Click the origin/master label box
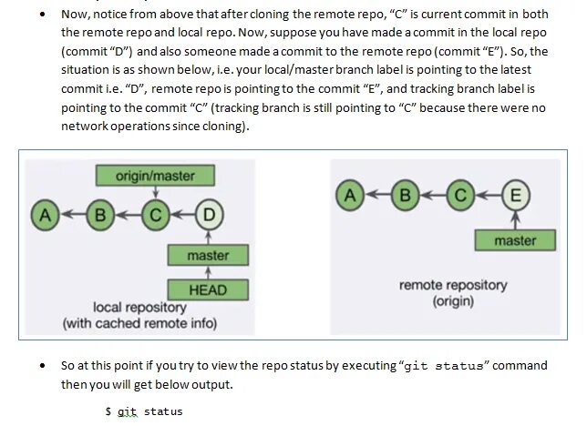pos(156,175)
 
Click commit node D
pos(209,215)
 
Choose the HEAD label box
pos(208,290)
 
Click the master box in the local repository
pos(208,255)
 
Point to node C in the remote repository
pos(460,194)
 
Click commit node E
pos(516,194)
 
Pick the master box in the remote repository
pos(515,240)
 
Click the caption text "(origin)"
pos(453,300)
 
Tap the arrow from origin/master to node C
pos(156,192)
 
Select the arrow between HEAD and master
pos(208,273)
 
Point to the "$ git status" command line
pos(144,411)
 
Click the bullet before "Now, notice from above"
pos(43,15)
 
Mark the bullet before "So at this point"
pos(43,366)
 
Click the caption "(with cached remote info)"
pos(139,322)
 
